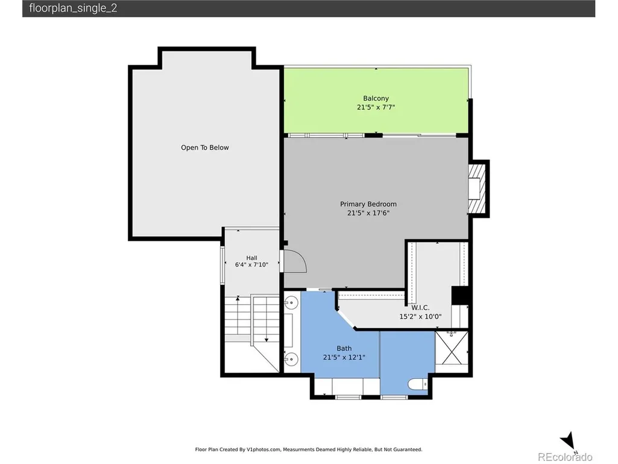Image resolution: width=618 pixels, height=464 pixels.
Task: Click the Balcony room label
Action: pos(376,98)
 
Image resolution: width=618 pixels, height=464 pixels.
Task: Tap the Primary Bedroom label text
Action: pos(368,204)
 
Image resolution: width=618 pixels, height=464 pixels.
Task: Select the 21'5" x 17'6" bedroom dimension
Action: pos(368,213)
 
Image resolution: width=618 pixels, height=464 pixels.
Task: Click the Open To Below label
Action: pos(204,148)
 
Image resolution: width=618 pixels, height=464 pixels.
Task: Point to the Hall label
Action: pos(251,258)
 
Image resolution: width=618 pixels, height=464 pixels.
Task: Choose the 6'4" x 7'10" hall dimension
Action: pos(251,265)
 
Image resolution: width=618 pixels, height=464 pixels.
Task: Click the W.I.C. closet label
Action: pos(420,308)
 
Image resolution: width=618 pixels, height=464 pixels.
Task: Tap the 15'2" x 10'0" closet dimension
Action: pos(420,316)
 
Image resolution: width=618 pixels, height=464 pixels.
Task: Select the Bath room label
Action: pos(344,348)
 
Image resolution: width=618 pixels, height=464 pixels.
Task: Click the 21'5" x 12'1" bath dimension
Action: pos(344,357)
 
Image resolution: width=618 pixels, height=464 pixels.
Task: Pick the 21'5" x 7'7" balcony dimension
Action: pos(376,107)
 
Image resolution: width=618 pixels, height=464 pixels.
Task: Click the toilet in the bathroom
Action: pos(417,384)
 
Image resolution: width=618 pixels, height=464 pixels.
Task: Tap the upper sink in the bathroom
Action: pos(291,303)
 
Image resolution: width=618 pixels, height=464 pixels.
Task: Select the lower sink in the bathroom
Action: pos(291,358)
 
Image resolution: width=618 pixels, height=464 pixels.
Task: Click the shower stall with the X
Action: pos(452,348)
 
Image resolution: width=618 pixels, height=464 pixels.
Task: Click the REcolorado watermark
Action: pos(565,457)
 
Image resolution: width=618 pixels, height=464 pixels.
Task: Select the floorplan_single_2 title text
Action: pos(73,8)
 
